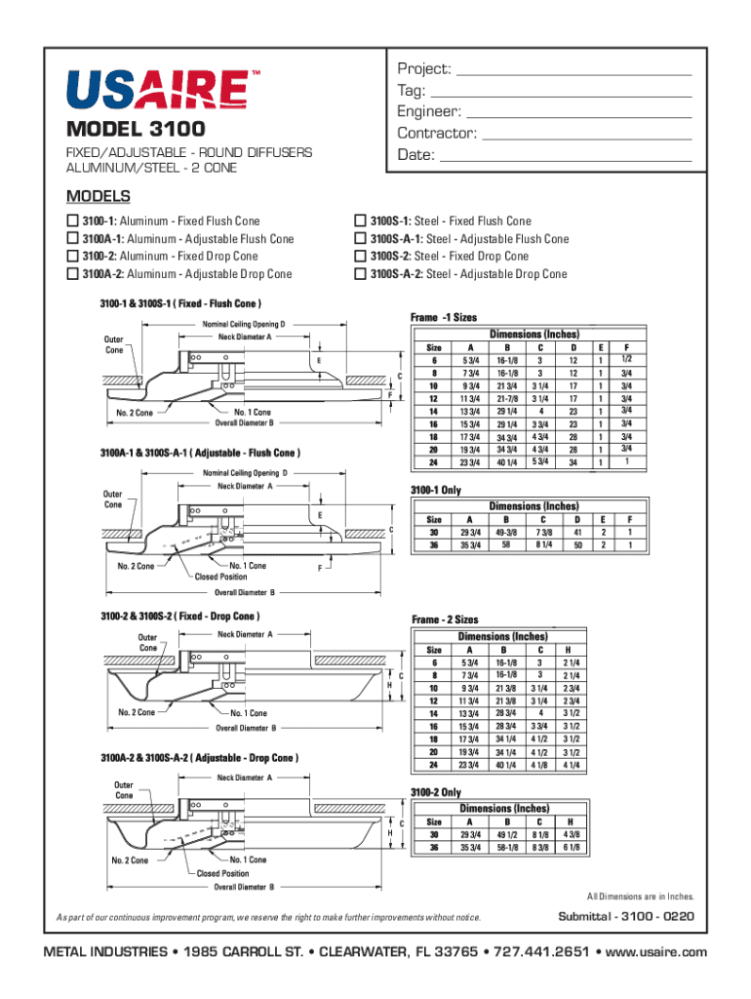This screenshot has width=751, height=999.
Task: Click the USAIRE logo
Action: [x=155, y=89]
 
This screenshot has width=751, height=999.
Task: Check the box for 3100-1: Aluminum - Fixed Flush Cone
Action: [x=72, y=221]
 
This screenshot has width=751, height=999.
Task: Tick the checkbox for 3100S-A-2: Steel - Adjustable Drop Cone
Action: [x=359, y=274]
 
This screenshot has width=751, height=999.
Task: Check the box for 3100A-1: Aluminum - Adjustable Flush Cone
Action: [x=72, y=239]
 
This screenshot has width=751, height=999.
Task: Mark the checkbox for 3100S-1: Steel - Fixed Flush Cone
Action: [x=359, y=221]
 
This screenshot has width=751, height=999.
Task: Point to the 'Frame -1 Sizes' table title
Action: [x=444, y=318]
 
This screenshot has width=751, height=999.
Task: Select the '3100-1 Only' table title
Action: [x=435, y=490]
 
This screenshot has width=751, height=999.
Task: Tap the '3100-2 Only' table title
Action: [x=435, y=792]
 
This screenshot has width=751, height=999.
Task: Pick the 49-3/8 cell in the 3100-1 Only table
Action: [x=506, y=533]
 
